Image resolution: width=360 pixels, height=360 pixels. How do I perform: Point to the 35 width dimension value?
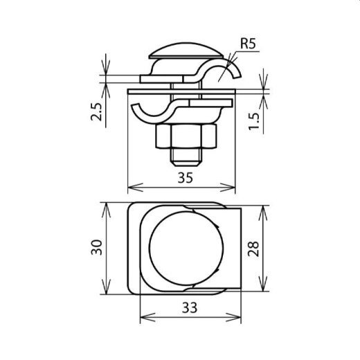click(183, 177)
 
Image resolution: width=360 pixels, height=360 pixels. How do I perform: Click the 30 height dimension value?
click(98, 247)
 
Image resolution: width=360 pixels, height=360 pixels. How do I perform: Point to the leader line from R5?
click(233, 62)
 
